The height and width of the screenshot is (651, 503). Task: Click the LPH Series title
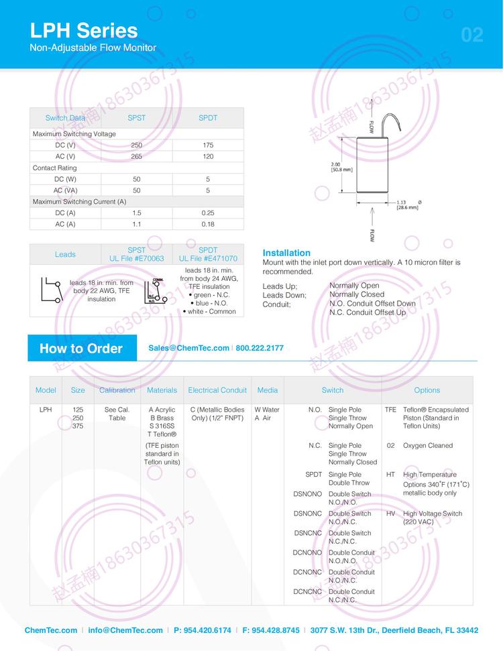(x=84, y=30)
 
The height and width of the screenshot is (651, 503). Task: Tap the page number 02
(x=472, y=35)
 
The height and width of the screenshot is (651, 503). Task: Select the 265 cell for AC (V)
(x=137, y=156)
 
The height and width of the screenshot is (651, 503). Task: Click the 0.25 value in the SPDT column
(x=208, y=213)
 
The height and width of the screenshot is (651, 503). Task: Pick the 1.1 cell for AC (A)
(x=137, y=224)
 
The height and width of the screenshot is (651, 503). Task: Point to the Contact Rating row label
(x=55, y=168)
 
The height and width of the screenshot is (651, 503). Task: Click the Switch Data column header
(x=65, y=118)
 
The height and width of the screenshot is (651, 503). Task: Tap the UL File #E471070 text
(x=208, y=258)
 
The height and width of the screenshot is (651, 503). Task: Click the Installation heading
(x=286, y=253)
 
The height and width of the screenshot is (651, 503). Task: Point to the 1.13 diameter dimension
(x=400, y=202)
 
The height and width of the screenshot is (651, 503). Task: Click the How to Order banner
(x=81, y=348)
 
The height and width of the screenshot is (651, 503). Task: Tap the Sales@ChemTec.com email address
(x=188, y=348)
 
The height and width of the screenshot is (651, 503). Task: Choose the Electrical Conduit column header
(x=217, y=390)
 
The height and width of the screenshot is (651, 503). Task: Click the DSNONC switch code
(x=308, y=514)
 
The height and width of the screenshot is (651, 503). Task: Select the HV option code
(x=390, y=514)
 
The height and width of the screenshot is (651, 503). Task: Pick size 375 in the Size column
(x=78, y=426)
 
